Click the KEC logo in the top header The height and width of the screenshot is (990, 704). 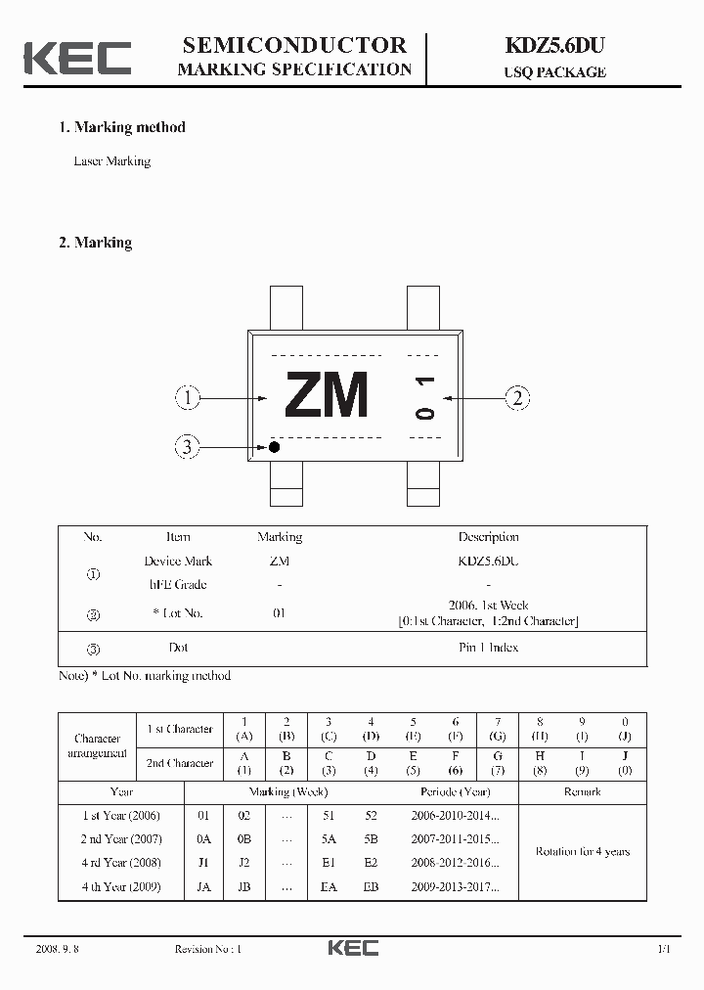coord(77,58)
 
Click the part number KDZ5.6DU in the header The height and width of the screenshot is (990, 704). coord(554,45)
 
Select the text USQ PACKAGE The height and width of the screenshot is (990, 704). coord(554,71)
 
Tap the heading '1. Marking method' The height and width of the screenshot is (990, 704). coord(121,127)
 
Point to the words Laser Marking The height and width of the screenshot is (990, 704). coord(112,161)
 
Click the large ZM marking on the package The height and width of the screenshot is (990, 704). coord(327,396)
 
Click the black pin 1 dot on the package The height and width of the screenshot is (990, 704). coord(275,447)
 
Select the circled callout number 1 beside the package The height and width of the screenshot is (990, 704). coord(188,397)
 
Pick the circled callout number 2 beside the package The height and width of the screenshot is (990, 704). coord(517,397)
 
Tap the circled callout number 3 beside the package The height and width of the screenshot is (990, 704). coord(188,448)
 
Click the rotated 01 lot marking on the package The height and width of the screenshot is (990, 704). coord(424,397)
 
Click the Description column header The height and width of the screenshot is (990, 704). coord(488,537)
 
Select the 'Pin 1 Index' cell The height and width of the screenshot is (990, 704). coord(488,648)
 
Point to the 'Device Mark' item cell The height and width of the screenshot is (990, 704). coord(178,562)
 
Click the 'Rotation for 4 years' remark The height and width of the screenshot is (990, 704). coord(582,851)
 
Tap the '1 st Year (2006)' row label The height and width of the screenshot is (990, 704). coord(121,816)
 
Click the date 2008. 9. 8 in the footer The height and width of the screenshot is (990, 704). coord(57,949)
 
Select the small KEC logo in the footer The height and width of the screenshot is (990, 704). coord(352,948)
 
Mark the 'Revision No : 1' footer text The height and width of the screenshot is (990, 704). coord(207,949)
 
